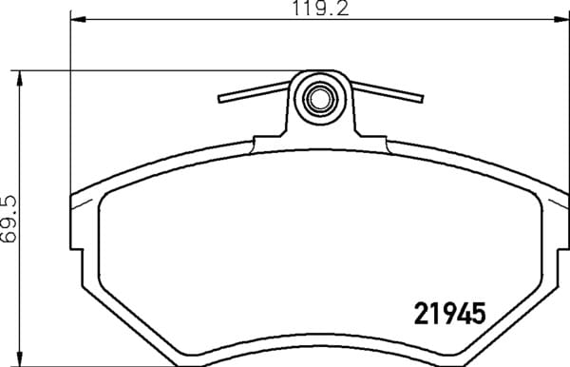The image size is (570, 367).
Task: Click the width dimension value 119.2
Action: click(x=320, y=8)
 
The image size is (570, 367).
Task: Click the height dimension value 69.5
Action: click(x=9, y=219)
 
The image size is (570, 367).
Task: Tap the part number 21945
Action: click(x=449, y=314)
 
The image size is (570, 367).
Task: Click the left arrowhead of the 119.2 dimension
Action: click(x=78, y=19)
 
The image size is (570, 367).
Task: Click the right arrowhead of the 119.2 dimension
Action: click(x=562, y=19)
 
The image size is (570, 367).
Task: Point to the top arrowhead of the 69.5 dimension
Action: click(x=20, y=78)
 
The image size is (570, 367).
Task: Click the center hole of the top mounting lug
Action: click(x=320, y=98)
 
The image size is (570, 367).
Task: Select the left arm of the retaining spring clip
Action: click(x=254, y=92)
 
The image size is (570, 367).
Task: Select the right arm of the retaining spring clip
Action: click(x=387, y=92)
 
